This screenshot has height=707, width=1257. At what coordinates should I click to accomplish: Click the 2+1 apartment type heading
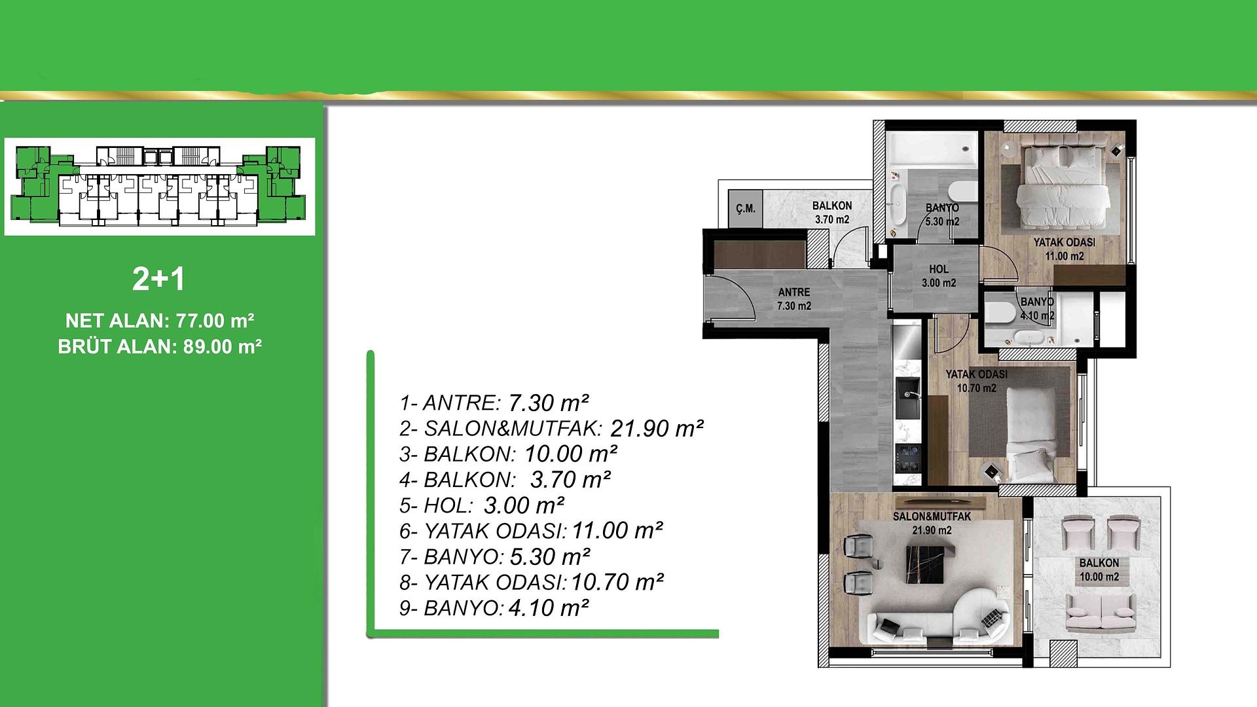[158, 280]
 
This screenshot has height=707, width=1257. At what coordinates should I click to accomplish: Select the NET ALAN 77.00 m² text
[160, 321]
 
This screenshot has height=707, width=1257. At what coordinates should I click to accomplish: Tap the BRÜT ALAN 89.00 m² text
[160, 346]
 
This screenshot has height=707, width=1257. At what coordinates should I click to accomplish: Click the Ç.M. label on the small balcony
[745, 209]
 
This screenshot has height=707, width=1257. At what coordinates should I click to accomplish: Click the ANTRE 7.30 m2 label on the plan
[793, 299]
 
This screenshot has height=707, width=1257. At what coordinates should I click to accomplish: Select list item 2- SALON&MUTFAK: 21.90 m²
[551, 429]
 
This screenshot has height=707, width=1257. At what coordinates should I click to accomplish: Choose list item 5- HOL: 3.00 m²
[482, 505]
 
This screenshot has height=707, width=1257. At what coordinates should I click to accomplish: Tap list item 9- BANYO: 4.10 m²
[494, 608]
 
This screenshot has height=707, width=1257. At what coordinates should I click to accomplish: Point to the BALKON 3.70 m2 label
[831, 213]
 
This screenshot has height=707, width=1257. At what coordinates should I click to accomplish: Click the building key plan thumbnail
[160, 187]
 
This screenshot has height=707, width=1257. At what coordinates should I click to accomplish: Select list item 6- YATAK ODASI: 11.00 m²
[531, 531]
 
